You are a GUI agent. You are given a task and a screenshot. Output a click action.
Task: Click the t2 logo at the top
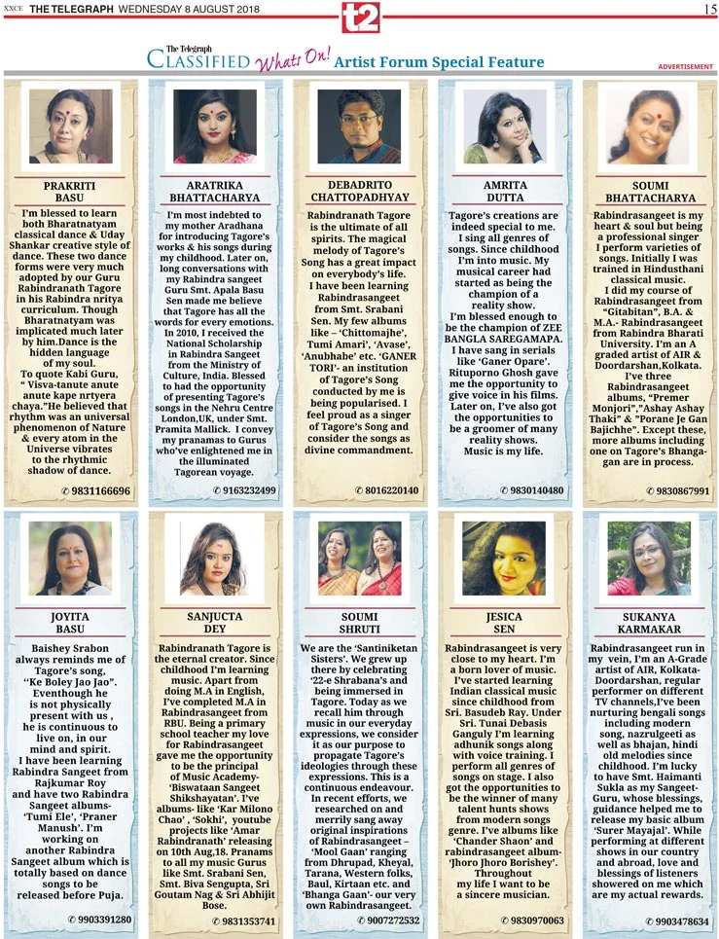pyautogui.click(x=360, y=18)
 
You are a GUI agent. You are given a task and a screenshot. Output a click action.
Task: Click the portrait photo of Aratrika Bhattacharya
pyautogui.click(x=214, y=126)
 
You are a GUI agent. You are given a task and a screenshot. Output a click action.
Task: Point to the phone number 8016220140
pyautogui.click(x=389, y=489)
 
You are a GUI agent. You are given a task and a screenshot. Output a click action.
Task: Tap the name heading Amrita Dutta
pyautogui.click(x=505, y=191)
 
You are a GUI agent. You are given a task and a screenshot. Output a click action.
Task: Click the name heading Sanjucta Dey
pyautogui.click(x=214, y=624)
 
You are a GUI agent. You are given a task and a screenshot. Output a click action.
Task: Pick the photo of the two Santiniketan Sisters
pyautogui.click(x=359, y=560)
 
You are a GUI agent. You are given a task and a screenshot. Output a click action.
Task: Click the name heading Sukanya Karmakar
pyautogui.click(x=650, y=624)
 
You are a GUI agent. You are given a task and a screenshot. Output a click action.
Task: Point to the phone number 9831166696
pyautogui.click(x=98, y=489)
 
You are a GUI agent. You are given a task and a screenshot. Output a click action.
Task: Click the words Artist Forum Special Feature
pyautogui.click(x=439, y=63)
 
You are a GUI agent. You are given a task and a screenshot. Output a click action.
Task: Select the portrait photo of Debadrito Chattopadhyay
pyautogui.click(x=359, y=126)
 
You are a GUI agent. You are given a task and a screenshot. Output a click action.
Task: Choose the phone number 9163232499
pyautogui.click(x=243, y=489)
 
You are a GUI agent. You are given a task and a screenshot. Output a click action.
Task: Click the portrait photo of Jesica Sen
pyautogui.click(x=505, y=559)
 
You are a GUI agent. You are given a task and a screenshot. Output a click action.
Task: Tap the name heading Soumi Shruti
pyautogui.click(x=359, y=624)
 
